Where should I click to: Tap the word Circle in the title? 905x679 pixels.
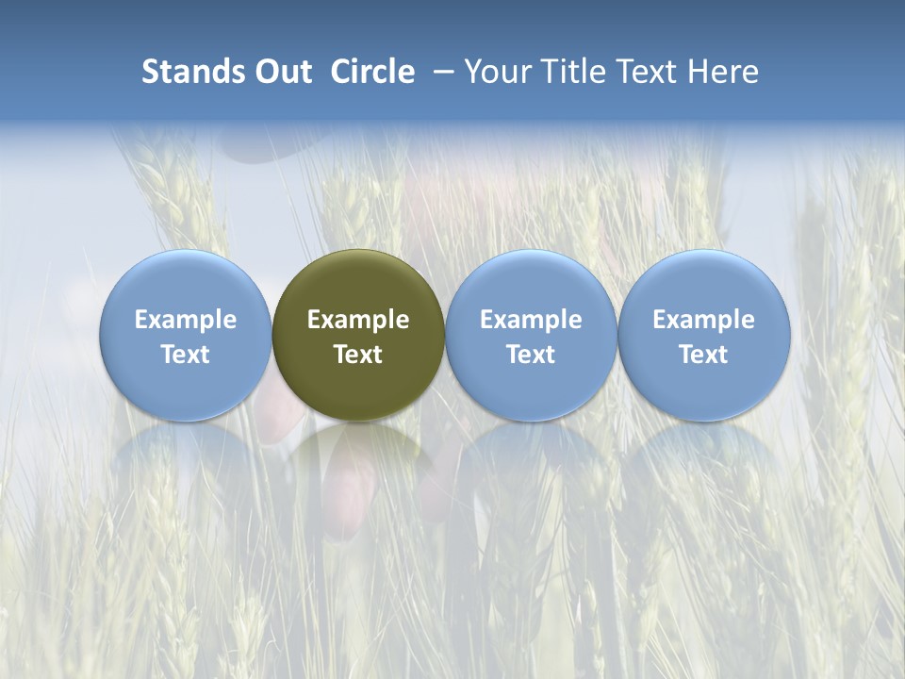(x=372, y=72)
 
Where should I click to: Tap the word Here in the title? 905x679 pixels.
(x=724, y=72)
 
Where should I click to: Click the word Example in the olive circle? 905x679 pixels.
(x=358, y=320)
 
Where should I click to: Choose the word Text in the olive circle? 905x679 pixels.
(x=358, y=355)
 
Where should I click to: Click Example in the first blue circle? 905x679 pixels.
(x=186, y=320)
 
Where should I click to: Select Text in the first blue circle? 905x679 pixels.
(x=186, y=355)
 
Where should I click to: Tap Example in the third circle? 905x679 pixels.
(x=531, y=320)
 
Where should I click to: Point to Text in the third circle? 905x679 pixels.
(x=531, y=355)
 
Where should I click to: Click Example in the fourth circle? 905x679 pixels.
(x=703, y=320)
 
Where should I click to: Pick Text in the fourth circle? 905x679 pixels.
(x=703, y=355)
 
